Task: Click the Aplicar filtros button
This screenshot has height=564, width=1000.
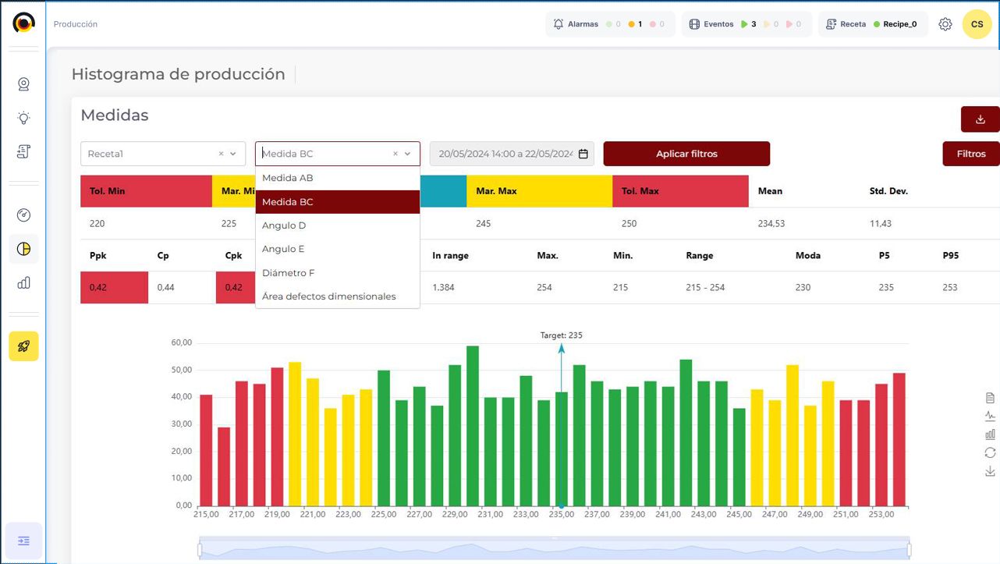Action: tap(686, 154)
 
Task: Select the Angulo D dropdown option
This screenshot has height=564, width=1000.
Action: tap(284, 225)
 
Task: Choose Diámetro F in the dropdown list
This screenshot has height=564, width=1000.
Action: tap(289, 273)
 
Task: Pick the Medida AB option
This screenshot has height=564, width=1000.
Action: tap(288, 178)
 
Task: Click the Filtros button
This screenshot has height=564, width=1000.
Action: tap(971, 154)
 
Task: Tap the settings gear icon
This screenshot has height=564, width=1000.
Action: tap(945, 24)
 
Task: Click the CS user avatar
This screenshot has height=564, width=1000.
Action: tap(977, 24)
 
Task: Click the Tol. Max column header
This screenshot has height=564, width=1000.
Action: tap(640, 191)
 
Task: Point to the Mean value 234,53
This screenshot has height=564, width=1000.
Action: tap(771, 224)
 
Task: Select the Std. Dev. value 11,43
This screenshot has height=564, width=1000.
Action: tap(881, 224)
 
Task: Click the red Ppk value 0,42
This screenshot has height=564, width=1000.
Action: tap(98, 288)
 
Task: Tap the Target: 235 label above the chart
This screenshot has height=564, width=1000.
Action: tap(561, 335)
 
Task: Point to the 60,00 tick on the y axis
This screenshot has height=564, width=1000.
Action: tap(181, 343)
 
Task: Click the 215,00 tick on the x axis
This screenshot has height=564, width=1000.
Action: tap(206, 515)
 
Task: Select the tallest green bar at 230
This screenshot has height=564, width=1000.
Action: tap(473, 426)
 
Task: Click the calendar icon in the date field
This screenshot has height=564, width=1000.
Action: tap(583, 154)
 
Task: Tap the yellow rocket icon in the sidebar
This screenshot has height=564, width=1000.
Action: tap(23, 346)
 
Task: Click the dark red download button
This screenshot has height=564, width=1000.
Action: tap(980, 119)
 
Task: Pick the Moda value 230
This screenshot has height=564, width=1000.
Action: tap(803, 288)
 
